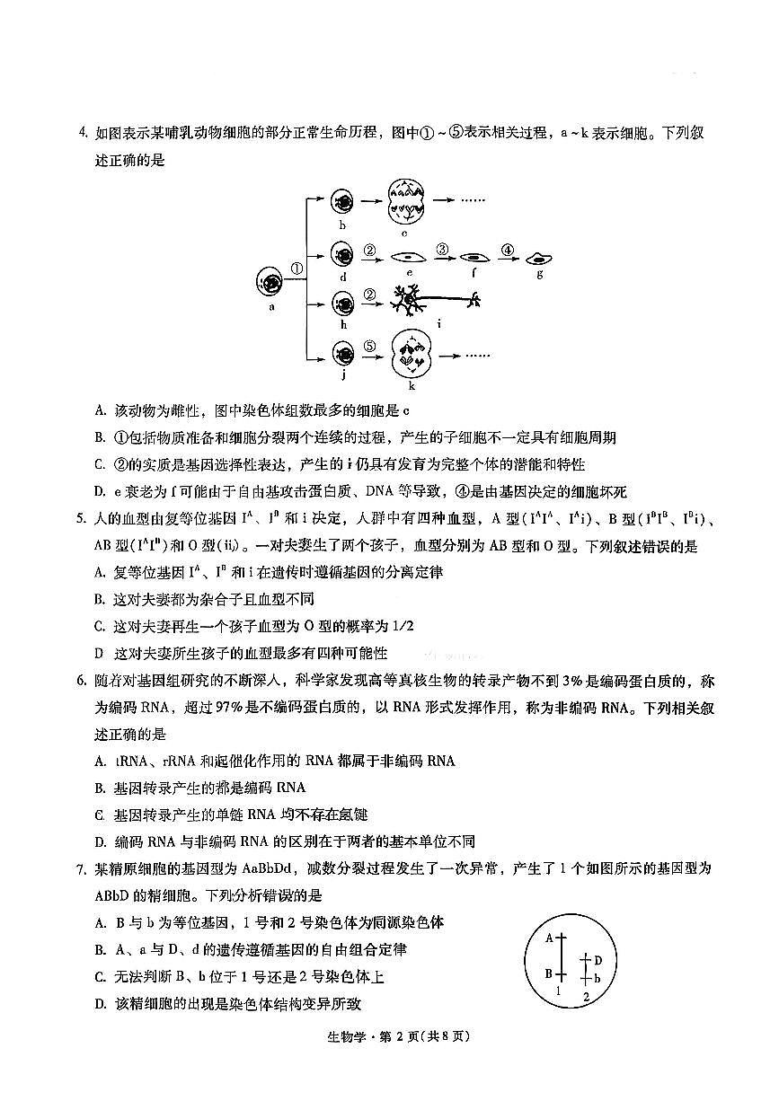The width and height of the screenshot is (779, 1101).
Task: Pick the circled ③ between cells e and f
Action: coord(441,249)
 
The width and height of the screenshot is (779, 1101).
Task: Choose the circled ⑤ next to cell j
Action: coord(368,344)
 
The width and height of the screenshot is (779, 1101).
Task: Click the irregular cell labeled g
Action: coord(539,258)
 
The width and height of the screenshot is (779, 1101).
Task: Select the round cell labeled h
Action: coord(342,304)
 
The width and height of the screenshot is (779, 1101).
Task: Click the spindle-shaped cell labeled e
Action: coord(409,258)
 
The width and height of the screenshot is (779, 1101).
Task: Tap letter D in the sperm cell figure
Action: coord(598,960)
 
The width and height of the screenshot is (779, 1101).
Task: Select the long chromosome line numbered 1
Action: coord(561,956)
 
